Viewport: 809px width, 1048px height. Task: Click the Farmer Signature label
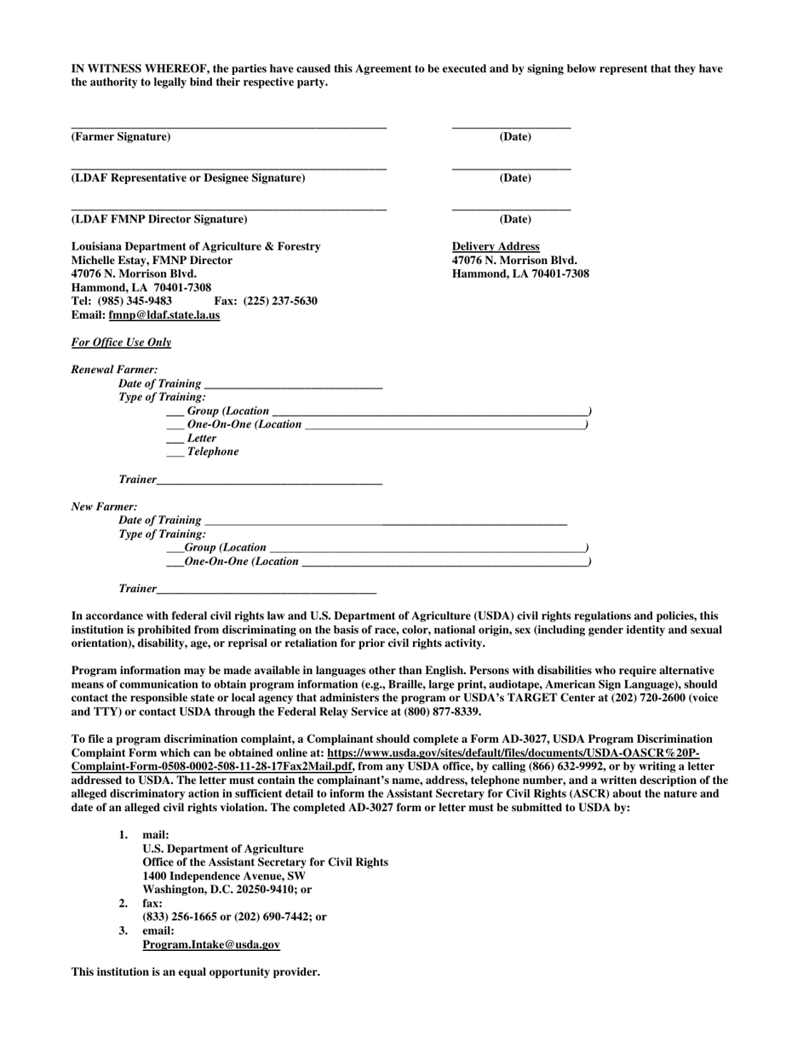coord(120,137)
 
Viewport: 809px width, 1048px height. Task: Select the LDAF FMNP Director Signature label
coord(158,220)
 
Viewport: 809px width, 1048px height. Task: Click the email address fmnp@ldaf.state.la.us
coord(164,315)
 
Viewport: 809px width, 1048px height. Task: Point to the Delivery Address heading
coord(495,247)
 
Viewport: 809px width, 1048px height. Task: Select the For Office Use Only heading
coord(121,343)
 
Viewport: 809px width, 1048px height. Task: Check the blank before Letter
coord(175,439)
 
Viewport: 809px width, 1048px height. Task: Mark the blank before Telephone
coord(175,452)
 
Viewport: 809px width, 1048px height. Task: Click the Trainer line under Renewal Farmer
coord(269,481)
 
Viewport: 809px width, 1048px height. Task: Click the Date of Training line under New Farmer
coord(385,521)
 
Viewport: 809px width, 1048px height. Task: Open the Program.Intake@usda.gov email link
coord(211,945)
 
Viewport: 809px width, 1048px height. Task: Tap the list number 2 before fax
coord(123,903)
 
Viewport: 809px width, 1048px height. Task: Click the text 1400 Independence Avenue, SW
coord(224,876)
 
